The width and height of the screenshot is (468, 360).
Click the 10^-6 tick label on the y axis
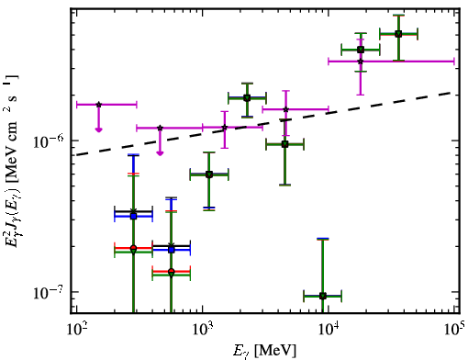coord(49,141)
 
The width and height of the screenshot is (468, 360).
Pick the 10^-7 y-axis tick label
coord(49,292)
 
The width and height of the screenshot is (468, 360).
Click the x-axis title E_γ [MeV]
coord(264,351)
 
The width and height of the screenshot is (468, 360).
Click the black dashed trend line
coord(264,123)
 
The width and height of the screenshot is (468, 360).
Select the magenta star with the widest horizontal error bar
coord(361,62)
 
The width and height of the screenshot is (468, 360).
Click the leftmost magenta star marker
coord(98,105)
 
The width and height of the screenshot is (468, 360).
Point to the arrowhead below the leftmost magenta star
coord(98,129)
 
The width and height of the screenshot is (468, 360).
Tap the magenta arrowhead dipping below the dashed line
coord(160,152)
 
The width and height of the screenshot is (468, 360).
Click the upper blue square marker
coord(133,216)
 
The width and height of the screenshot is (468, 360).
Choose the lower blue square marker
coord(172,250)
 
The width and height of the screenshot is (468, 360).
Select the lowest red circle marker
coord(172,272)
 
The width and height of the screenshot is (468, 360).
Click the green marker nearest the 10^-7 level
coord(323,296)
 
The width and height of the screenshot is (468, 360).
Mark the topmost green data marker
coord(398,34)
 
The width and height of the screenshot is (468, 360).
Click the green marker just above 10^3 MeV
coord(209,174)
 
